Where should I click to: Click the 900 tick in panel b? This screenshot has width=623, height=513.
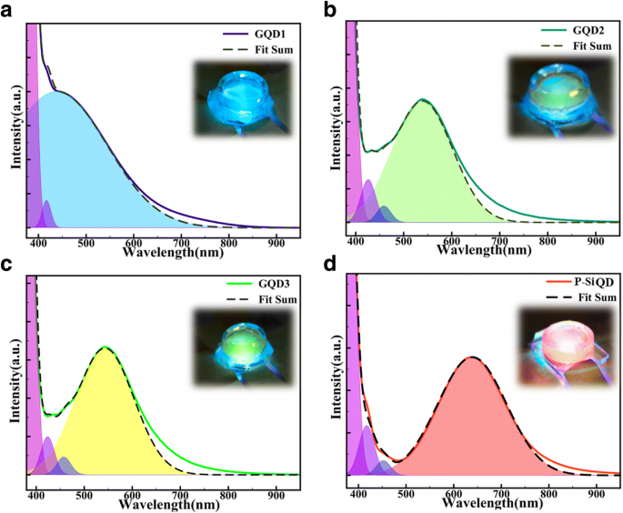pos(594,239)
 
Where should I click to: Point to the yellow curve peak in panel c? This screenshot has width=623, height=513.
pos(106,348)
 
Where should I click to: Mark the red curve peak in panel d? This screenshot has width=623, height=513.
pos(472,358)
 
